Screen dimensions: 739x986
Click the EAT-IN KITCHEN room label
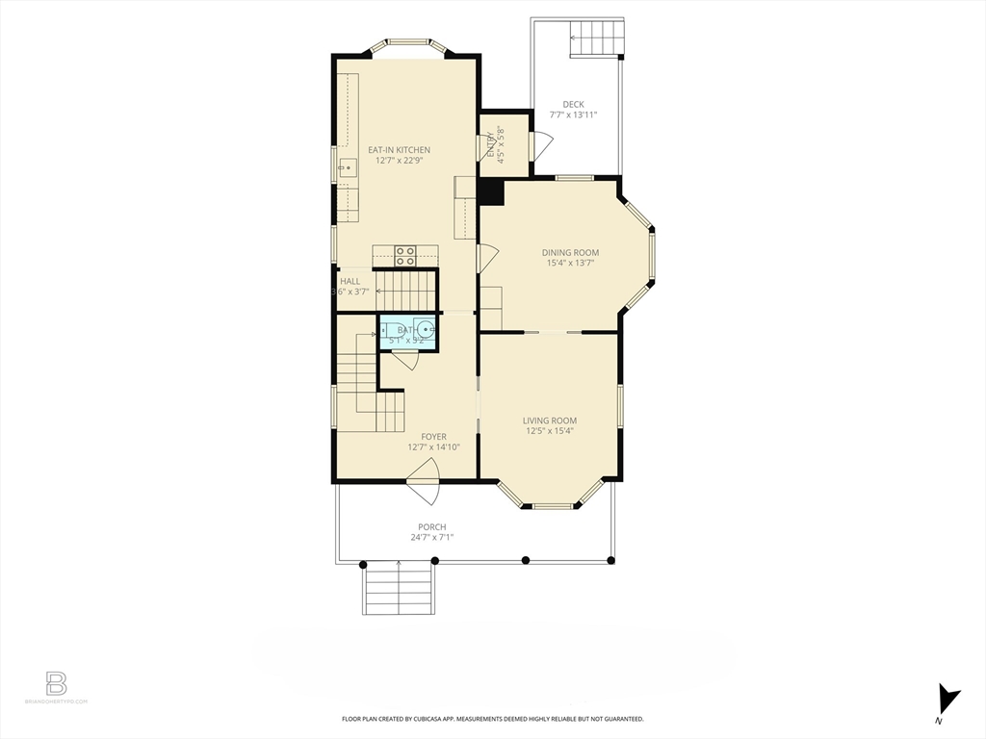point(399,150)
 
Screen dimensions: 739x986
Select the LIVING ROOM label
point(550,420)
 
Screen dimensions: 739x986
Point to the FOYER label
point(433,437)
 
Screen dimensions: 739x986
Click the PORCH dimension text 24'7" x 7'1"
point(431,537)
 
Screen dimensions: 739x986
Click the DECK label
point(573,104)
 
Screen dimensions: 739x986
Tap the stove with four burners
point(405,255)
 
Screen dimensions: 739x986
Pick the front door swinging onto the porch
point(424,481)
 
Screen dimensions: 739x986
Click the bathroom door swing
point(404,360)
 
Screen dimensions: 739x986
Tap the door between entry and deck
point(541,147)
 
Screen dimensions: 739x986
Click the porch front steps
point(398,588)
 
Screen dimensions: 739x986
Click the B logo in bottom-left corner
point(57,684)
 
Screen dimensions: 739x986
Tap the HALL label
point(350,281)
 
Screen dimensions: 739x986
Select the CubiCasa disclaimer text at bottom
point(492,719)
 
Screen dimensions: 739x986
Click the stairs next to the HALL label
point(405,287)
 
